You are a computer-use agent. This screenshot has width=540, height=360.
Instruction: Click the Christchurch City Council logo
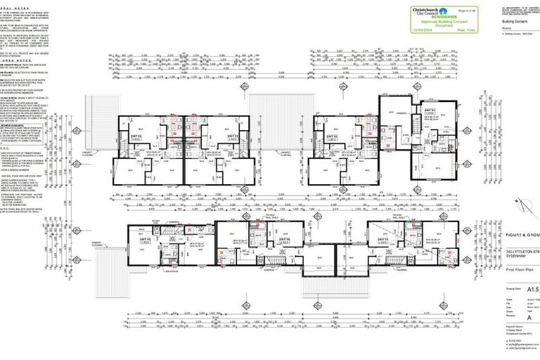[414, 11]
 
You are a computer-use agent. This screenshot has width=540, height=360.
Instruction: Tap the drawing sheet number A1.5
[522, 288]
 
